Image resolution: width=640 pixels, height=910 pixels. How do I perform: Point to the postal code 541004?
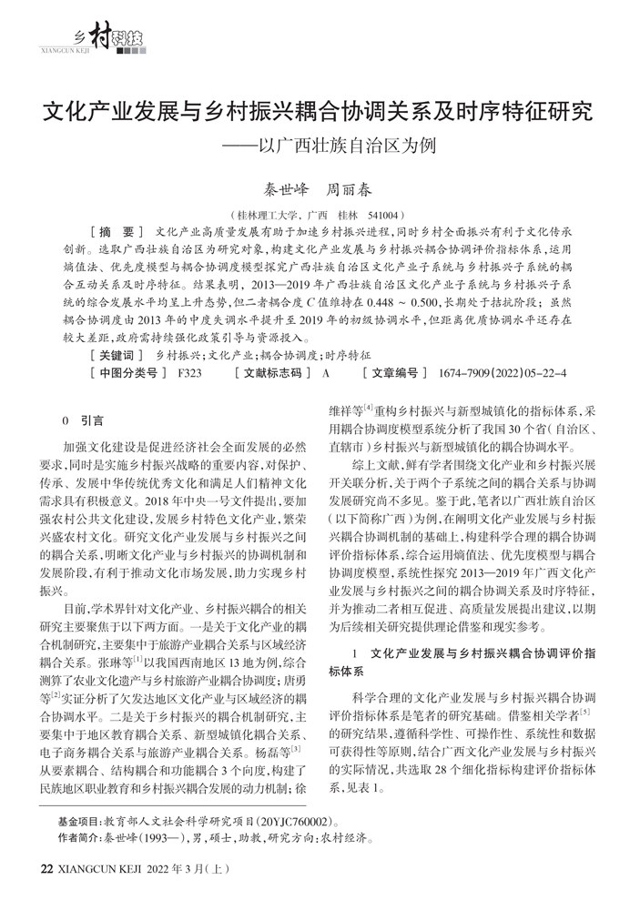385,215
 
